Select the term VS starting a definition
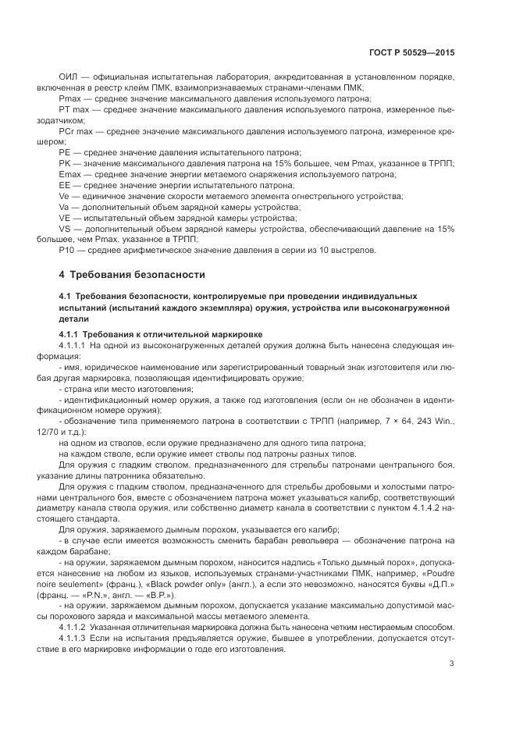point(65,228)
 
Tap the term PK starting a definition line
point(65,163)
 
